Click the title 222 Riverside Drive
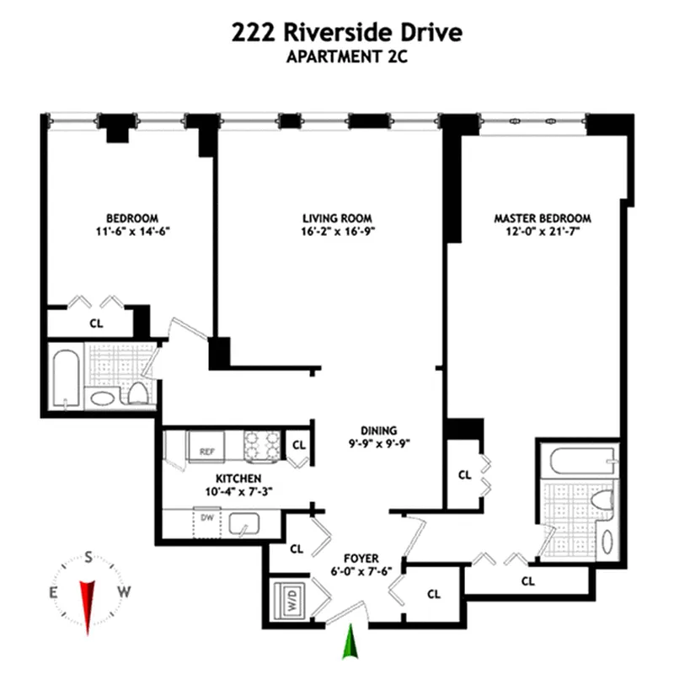pyautogui.click(x=346, y=33)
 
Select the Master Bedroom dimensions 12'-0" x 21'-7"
pyautogui.click(x=542, y=233)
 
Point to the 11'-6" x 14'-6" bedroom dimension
pyautogui.click(x=132, y=233)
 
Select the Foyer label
pyautogui.click(x=361, y=558)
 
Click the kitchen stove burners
pyautogui.click(x=261, y=445)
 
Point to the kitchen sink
pyautogui.click(x=245, y=525)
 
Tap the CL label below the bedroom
pyautogui.click(x=96, y=322)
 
